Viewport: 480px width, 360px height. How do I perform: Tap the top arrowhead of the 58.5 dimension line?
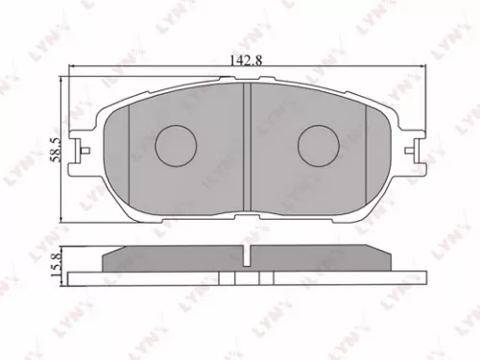(64, 79)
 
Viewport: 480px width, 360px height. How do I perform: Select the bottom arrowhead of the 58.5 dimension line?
(64, 224)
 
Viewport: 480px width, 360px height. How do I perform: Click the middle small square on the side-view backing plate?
(247, 277)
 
